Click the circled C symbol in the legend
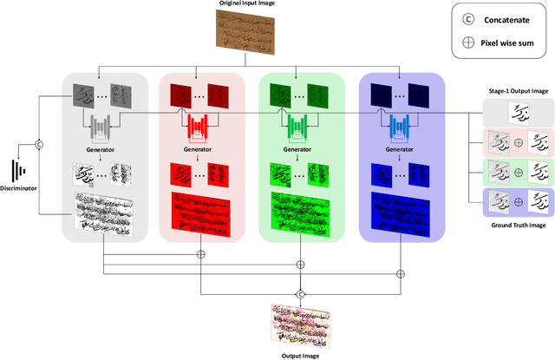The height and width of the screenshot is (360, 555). (x=467, y=16)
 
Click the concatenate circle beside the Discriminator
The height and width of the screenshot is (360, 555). (x=38, y=144)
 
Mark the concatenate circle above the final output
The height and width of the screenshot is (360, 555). (x=301, y=294)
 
